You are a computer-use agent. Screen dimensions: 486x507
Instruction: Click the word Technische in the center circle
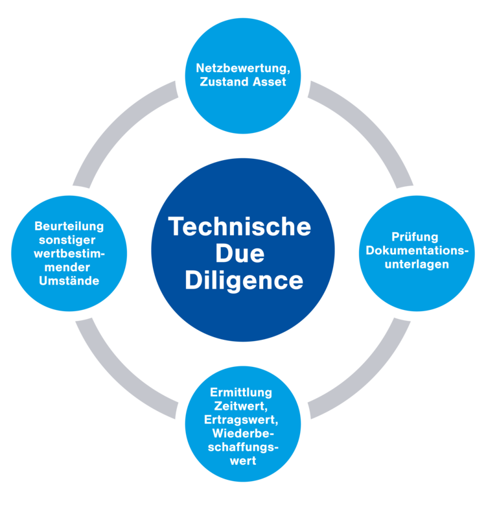tap(240, 227)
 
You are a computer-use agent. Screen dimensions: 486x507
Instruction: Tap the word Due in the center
tap(240, 253)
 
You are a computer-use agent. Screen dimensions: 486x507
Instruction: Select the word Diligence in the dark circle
tap(244, 281)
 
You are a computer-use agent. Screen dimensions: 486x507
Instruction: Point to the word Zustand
tap(225, 82)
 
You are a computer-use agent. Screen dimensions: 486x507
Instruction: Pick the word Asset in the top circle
tap(270, 82)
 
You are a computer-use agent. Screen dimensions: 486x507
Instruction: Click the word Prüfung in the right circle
tap(415, 237)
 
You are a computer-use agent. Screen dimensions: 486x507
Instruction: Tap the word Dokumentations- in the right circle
tap(417, 251)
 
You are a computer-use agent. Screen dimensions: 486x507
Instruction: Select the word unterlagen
tap(417, 265)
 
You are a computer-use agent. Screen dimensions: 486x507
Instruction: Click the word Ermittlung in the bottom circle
tap(241, 392)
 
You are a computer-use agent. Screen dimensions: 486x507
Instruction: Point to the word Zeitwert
tap(241, 406)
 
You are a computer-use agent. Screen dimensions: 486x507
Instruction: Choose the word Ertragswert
tap(241, 419)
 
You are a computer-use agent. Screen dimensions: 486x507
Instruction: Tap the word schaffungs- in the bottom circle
tap(243, 447)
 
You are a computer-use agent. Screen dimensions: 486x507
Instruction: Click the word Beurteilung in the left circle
tap(69, 226)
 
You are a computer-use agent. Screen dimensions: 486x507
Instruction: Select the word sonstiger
tap(67, 240)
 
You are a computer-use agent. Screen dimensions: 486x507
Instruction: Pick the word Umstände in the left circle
tap(69, 281)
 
